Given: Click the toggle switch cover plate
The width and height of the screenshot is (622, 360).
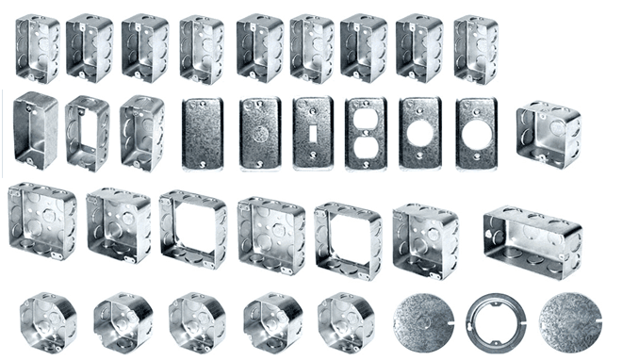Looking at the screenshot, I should (312, 133).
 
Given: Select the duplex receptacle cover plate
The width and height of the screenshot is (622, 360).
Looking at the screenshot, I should (366, 133).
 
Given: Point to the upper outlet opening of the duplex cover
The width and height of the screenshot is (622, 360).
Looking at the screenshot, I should (366, 120).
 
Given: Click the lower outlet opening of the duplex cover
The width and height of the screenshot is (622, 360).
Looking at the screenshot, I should (366, 146).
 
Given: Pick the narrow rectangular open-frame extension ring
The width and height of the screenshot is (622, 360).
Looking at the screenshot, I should (88, 133).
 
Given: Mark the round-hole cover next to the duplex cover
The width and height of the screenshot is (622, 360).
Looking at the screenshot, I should (420, 133).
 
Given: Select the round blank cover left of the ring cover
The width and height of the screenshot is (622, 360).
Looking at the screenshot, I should (422, 322).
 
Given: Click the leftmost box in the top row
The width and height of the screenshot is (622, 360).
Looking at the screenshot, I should (36, 48).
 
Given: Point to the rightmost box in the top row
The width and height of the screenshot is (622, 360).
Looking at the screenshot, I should (476, 48).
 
